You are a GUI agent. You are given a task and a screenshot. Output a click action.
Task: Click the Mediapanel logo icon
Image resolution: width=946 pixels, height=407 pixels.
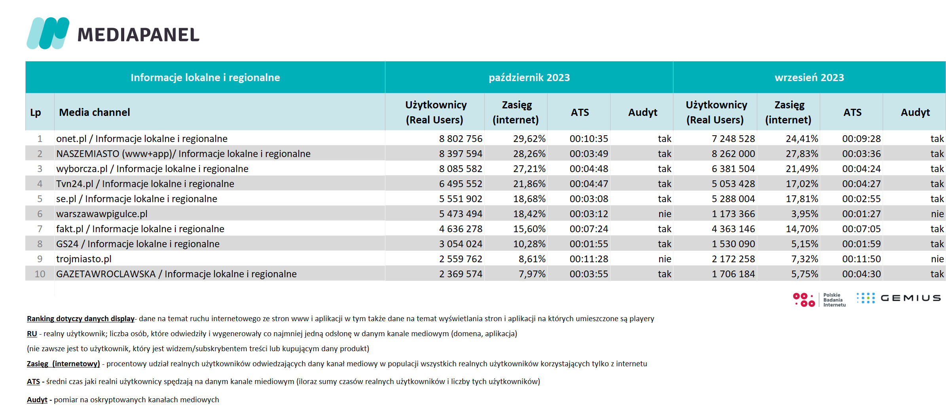coord(48,33)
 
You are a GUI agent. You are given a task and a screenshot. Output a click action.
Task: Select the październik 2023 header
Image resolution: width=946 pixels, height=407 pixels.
coord(529,78)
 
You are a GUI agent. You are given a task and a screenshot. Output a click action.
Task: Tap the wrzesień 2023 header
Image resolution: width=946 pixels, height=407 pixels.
coord(809,78)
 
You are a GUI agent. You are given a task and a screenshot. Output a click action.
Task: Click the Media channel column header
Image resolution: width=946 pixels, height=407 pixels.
coord(95,112)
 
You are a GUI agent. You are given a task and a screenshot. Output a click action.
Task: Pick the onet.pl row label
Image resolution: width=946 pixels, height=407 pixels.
coord(142,139)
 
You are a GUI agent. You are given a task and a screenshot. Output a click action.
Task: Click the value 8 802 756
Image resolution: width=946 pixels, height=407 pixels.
coord(461,139)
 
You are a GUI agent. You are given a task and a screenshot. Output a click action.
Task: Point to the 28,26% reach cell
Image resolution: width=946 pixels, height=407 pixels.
coord(529,154)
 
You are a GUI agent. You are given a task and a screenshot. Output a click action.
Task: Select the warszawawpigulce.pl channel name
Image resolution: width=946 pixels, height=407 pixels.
coord(102,214)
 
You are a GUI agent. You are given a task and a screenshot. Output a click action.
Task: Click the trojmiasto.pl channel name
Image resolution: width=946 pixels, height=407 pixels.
coord(84,259)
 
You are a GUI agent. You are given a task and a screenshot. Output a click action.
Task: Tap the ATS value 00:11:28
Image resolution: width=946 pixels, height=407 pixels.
coord(589,259)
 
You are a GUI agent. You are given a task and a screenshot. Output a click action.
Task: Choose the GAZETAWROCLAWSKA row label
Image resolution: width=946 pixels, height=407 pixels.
coord(176,274)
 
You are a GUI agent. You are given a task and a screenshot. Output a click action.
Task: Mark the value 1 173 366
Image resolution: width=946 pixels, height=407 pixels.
coord(733,214)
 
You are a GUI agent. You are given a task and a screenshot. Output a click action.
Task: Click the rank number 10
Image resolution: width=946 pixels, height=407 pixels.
coord(40,274)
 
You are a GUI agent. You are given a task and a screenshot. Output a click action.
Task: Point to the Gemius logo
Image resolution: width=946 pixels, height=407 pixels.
coord(899,298)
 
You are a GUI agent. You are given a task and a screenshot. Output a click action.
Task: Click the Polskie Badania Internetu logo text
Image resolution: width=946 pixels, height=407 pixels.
coord(834,300)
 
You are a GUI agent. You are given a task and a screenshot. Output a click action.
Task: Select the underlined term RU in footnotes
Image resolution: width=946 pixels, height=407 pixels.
coord(32,334)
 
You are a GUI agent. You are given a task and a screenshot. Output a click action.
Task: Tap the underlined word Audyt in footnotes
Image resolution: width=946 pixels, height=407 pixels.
coord(37,400)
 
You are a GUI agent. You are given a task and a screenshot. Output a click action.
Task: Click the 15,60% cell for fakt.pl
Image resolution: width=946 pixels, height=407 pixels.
coord(529,229)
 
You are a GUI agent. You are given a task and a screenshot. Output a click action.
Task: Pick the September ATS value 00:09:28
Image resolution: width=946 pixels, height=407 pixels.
coord(861,139)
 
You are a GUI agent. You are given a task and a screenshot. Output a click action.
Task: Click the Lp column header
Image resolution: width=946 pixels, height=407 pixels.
coord(36,113)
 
